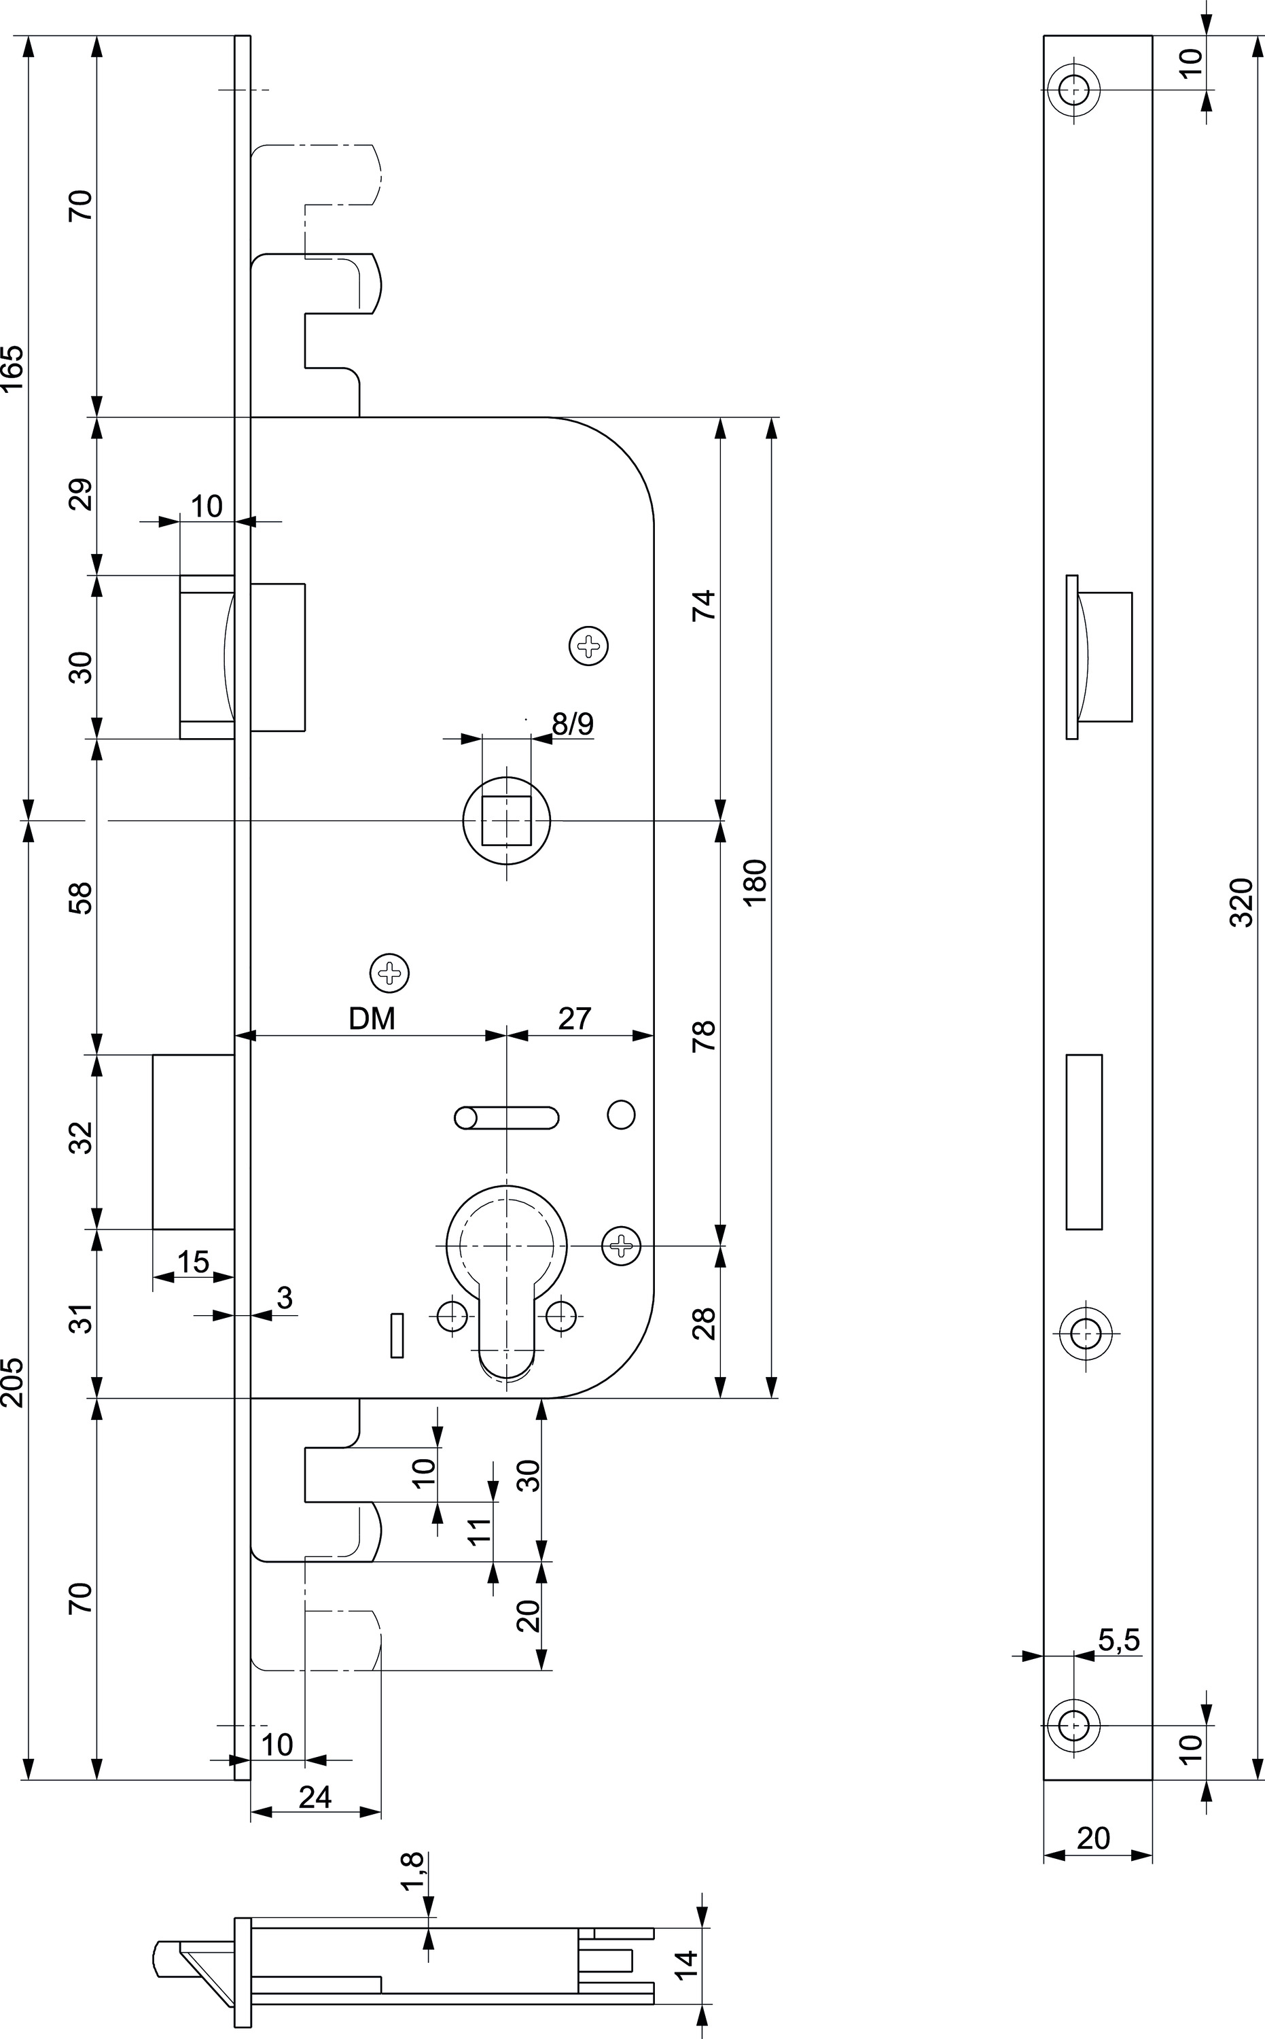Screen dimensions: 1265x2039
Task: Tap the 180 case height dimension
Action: [x=755, y=882]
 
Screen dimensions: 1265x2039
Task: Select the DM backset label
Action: [x=372, y=1019]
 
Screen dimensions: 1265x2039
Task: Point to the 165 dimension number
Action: [x=12, y=368]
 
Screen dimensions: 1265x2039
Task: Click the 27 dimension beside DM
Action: [x=575, y=1019]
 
